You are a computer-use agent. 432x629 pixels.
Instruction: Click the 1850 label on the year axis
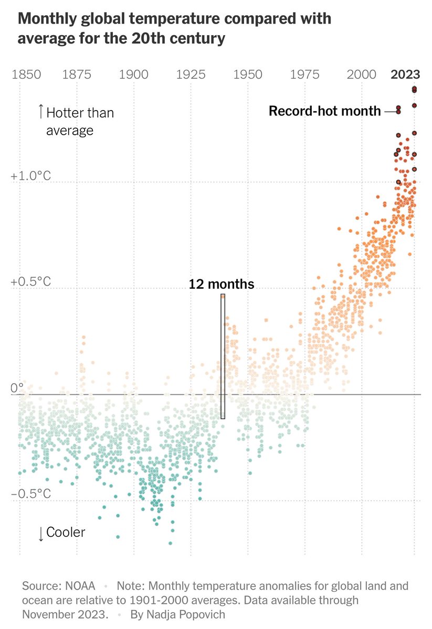(x=26, y=74)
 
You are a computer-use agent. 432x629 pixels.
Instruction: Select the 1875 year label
(x=77, y=74)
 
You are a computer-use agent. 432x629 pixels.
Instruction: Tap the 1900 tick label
(x=134, y=74)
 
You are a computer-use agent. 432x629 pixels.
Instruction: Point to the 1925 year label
(x=191, y=74)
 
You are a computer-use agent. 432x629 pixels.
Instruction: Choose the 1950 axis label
(x=248, y=74)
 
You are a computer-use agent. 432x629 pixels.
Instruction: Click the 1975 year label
(x=304, y=74)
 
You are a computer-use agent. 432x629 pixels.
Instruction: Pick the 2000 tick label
(x=362, y=74)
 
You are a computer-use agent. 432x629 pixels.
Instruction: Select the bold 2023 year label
(x=405, y=74)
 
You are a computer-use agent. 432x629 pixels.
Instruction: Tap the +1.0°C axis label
(x=30, y=176)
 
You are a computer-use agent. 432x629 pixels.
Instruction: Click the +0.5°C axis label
(x=30, y=282)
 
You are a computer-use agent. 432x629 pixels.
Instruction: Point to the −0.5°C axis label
(x=30, y=494)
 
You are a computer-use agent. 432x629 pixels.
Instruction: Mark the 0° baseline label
(x=17, y=388)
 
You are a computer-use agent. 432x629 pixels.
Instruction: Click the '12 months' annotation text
(x=222, y=284)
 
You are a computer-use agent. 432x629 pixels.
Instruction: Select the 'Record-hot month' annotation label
(x=324, y=111)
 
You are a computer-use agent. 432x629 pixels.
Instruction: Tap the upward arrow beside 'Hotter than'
(x=40, y=111)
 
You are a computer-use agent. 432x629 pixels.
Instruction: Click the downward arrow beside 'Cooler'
(x=40, y=534)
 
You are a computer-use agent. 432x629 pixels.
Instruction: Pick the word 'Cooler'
(x=66, y=533)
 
